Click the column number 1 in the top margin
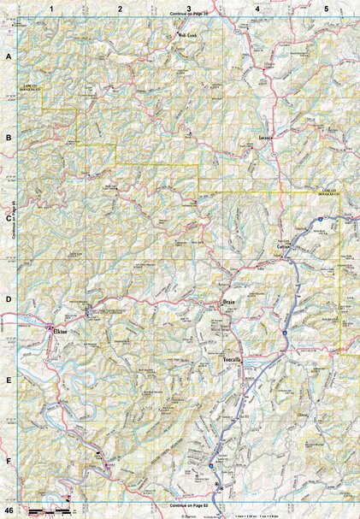[x=51, y=8]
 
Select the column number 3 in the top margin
[x=188, y=8]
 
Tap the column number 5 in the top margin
[x=326, y=8]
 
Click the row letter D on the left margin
[x=9, y=300]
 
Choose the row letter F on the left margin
[x=9, y=462]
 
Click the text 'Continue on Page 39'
[x=189, y=15]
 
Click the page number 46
[x=8, y=510]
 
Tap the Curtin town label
[x=285, y=245]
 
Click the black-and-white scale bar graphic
[x=49, y=510]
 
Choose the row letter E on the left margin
[x=9, y=381]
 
